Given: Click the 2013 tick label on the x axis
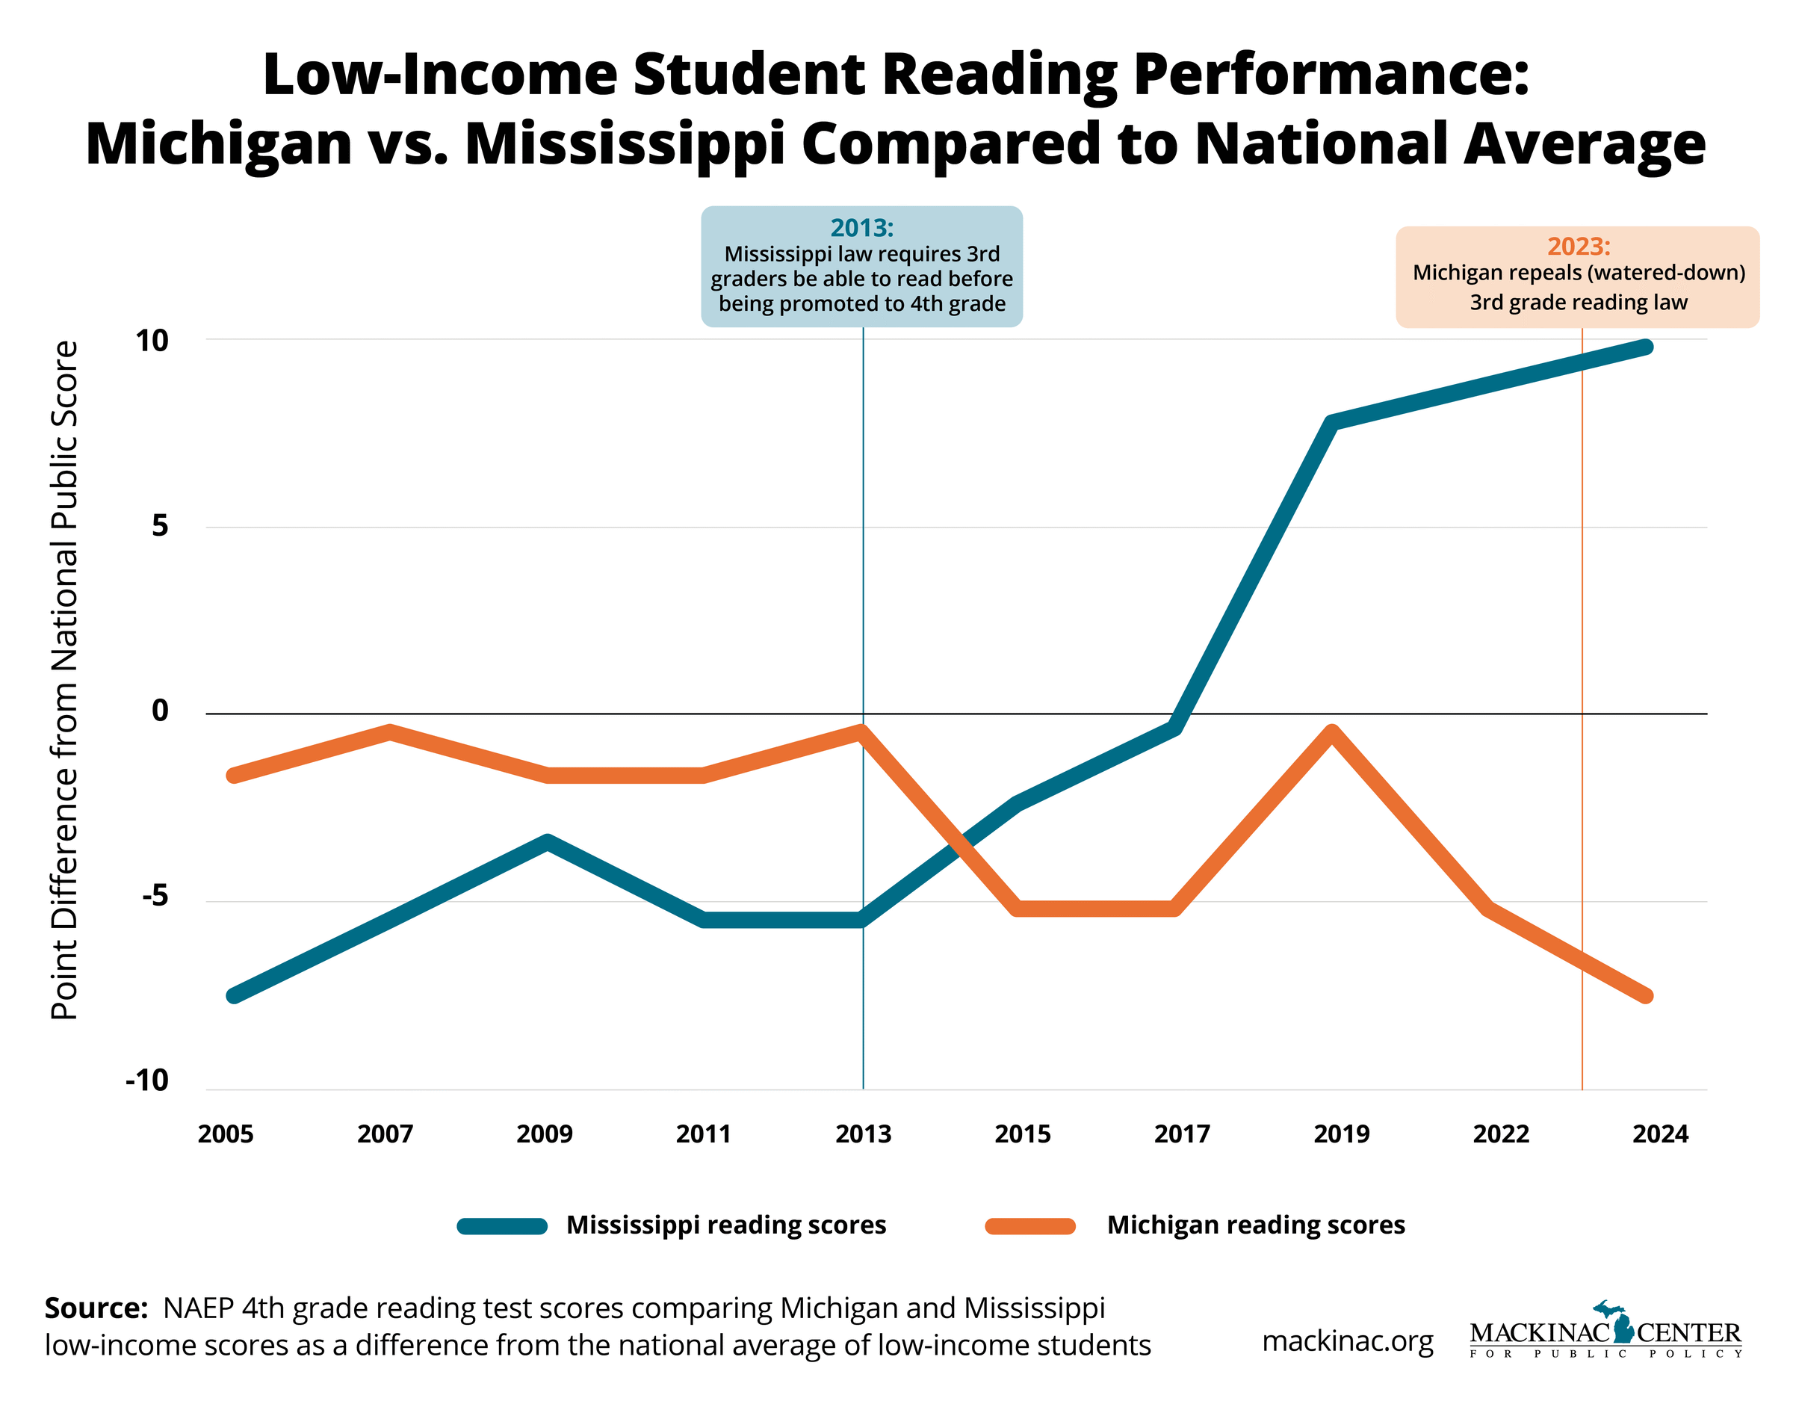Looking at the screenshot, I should [862, 1134].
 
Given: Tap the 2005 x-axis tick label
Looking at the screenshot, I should [226, 1134].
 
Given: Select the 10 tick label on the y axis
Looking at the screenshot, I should [152, 340].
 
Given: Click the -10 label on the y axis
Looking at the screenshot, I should [147, 1080].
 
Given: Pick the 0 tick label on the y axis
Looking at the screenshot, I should [160, 710].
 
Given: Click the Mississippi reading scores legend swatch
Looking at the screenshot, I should [502, 1225].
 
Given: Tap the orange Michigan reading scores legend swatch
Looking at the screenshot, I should [1029, 1225].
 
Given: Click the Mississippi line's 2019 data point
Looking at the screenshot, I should [1333, 423].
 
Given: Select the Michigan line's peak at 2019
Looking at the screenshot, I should [1333, 732].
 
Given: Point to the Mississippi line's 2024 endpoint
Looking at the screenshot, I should [1646, 347].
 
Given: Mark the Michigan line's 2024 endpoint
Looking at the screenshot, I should [1646, 996].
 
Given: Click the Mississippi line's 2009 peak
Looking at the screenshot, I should [547, 842].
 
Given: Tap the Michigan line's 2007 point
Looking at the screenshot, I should [389, 732].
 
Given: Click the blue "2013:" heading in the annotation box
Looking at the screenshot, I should [861, 227].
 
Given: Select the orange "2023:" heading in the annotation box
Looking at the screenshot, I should [1578, 247].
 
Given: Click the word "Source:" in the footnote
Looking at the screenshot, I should [96, 1308].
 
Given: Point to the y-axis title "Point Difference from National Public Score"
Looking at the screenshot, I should [65, 680].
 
